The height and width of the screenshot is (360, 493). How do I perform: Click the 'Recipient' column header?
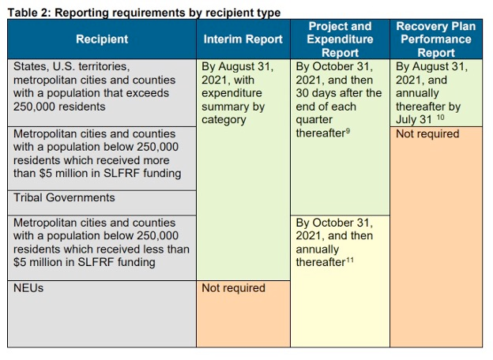102,39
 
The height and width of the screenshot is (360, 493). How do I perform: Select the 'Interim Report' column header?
243,39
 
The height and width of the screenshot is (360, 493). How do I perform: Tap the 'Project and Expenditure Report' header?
340,39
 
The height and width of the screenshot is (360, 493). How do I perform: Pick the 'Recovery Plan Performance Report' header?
436,39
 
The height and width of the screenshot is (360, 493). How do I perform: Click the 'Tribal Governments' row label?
64,198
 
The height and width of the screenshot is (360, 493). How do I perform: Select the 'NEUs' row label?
28,288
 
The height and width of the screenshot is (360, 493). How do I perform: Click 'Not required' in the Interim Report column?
233,288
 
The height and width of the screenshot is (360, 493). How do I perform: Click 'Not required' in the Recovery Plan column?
427,134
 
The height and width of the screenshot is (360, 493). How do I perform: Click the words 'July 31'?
414,120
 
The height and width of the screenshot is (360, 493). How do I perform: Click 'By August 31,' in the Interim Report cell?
238,67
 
